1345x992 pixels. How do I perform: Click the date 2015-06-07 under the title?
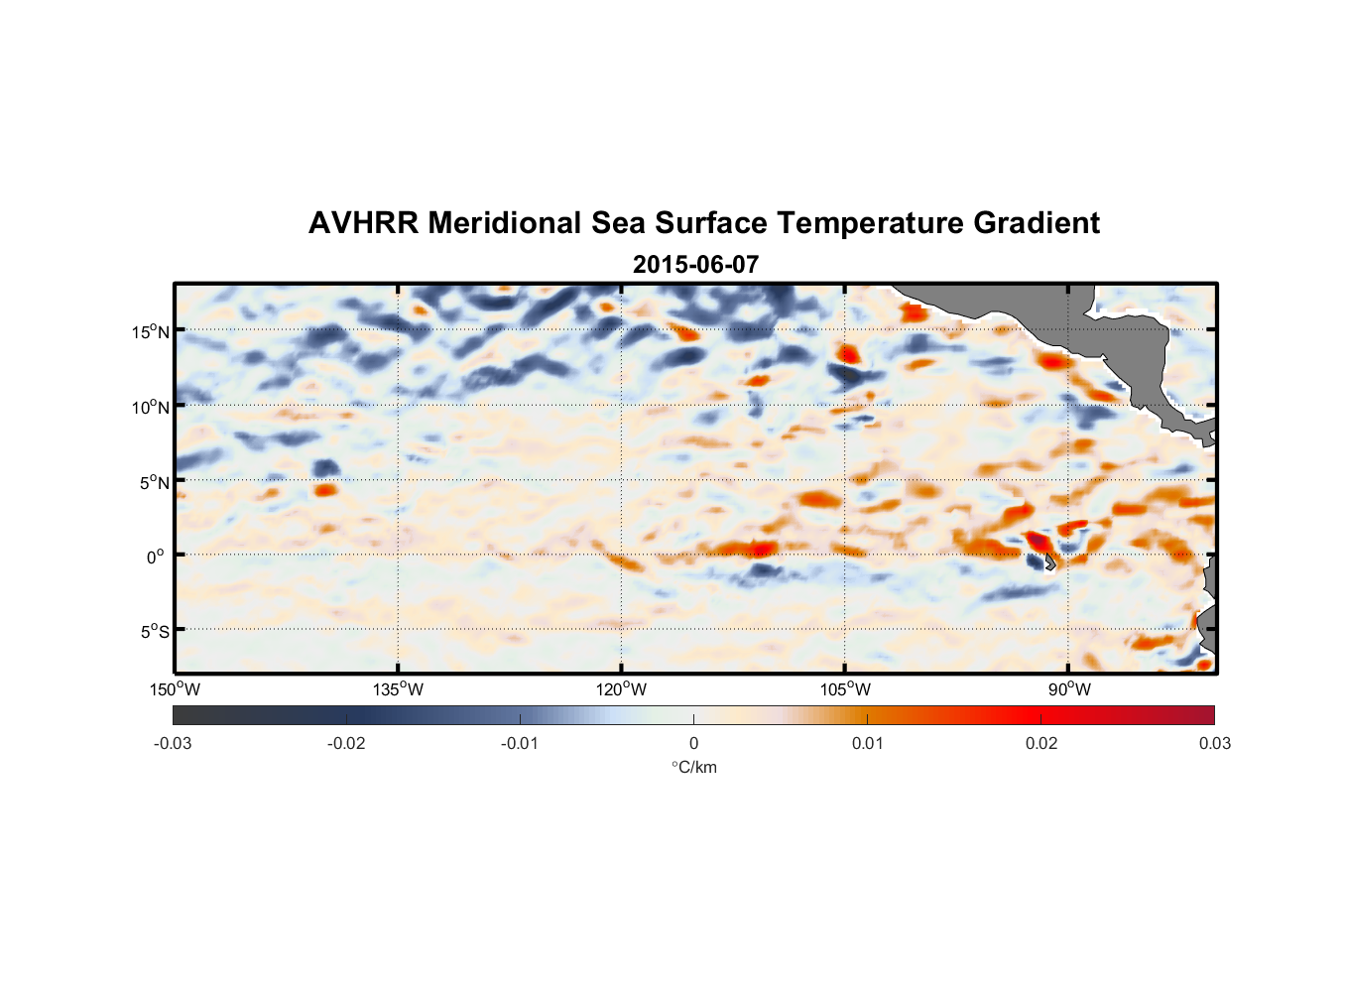tap(695, 265)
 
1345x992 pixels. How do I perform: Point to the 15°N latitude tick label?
tap(151, 331)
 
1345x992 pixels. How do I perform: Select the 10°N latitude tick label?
tap(151, 407)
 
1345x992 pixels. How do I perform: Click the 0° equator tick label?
tap(156, 557)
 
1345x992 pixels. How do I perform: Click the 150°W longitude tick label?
tap(176, 689)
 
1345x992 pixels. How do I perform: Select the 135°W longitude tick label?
tap(398, 689)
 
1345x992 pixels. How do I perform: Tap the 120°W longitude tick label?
tap(622, 689)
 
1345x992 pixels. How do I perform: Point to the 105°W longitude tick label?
tap(845, 689)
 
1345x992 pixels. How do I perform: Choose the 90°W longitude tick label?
tap(1069, 689)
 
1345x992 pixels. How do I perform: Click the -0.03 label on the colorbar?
tap(173, 743)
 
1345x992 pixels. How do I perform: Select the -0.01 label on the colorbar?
tap(519, 743)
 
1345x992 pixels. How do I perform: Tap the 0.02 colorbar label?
tap(1041, 743)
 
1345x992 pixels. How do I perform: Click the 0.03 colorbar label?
tap(1214, 743)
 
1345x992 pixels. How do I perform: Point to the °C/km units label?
tap(693, 767)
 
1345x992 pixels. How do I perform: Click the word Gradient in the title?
tap(1037, 223)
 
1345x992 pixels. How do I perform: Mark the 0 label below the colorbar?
tap(693, 743)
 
